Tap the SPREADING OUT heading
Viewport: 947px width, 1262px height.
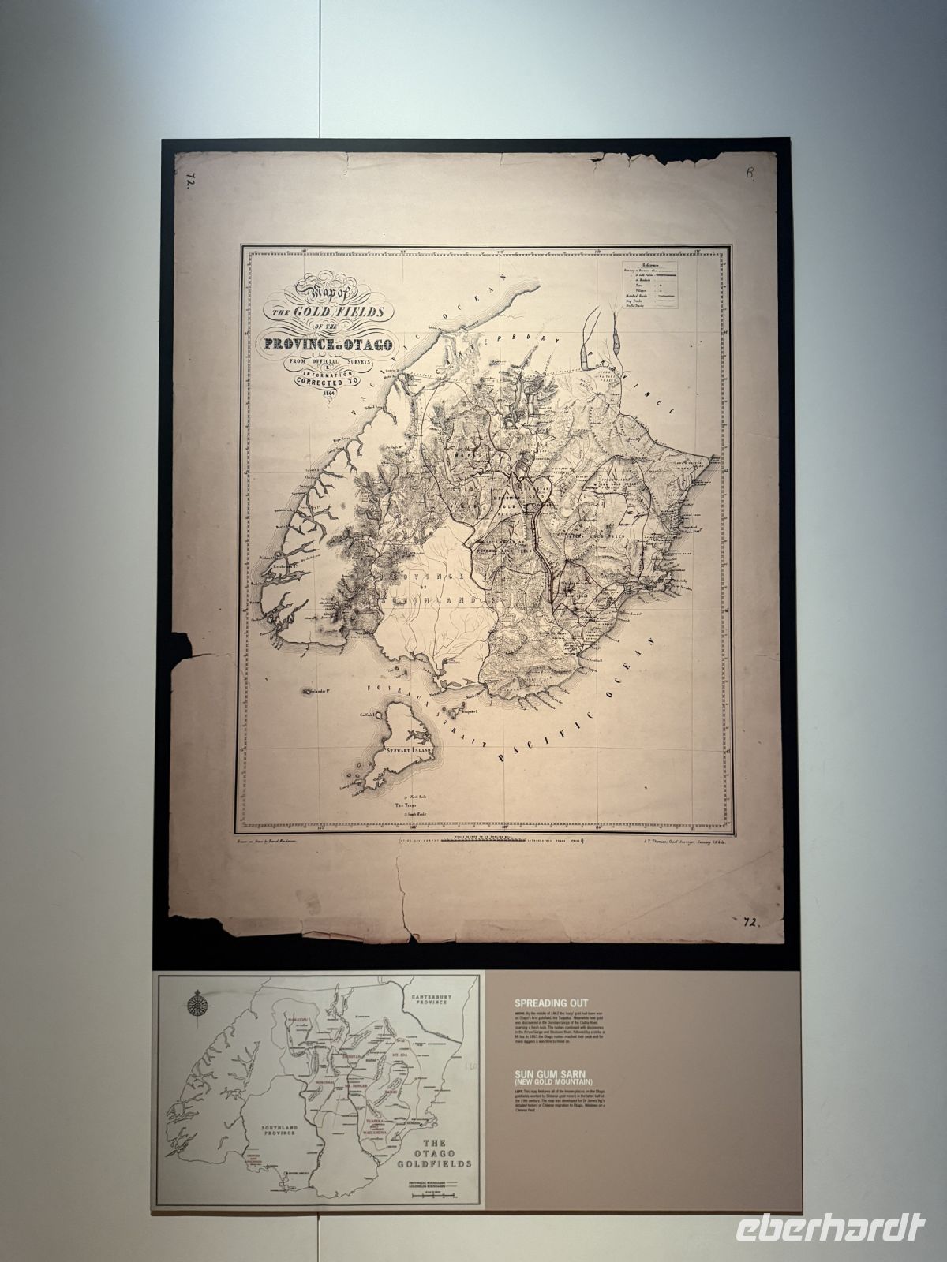(551, 1003)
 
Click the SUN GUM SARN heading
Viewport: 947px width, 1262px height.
(557, 1073)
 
